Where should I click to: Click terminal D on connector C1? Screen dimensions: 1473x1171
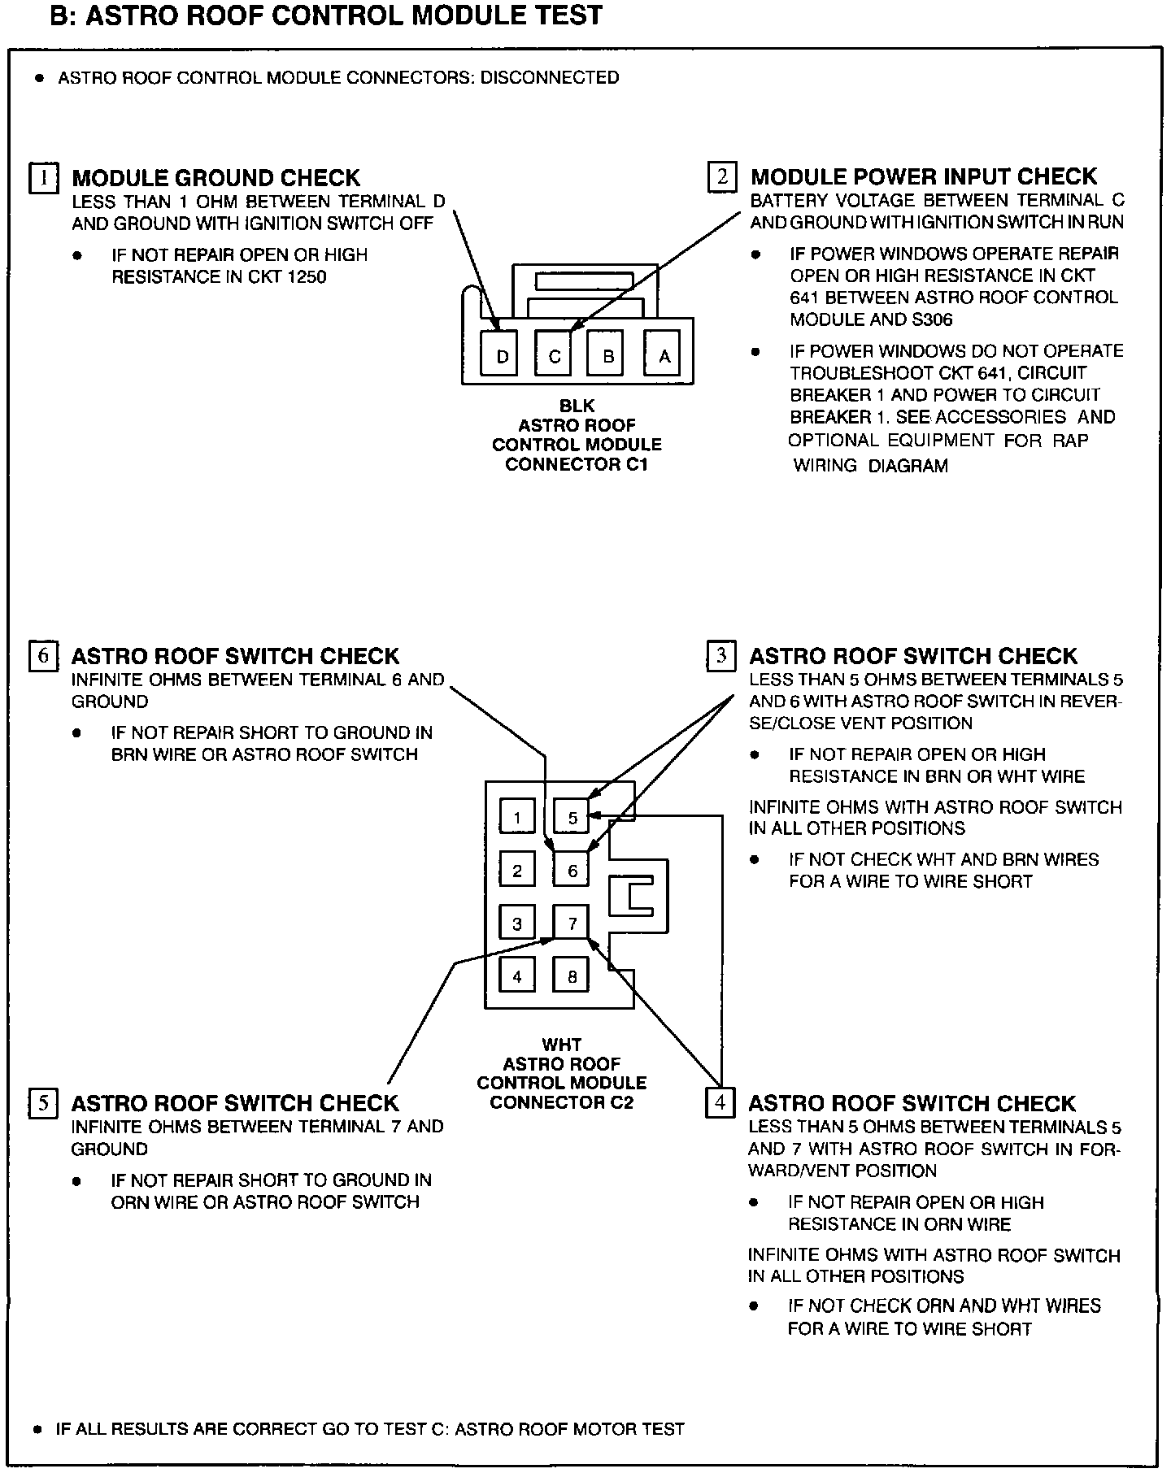click(x=502, y=354)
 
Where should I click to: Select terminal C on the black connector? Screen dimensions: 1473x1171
click(x=554, y=354)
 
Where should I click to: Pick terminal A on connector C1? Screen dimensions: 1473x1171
click(x=664, y=354)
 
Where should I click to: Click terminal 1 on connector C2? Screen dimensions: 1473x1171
click(x=517, y=817)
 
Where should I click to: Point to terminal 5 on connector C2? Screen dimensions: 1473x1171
click(x=572, y=817)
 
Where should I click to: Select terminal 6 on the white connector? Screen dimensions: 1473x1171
click(x=572, y=871)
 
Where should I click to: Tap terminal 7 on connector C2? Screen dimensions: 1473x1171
click(x=572, y=923)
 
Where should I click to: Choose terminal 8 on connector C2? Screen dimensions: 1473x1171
click(x=572, y=976)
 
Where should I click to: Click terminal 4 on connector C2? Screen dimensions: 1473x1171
click(x=517, y=976)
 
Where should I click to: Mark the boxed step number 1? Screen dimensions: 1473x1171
click(x=44, y=177)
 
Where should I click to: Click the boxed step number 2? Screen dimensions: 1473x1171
click(x=721, y=176)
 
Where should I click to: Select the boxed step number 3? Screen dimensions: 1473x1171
click(x=721, y=656)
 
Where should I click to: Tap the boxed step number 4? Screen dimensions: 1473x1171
click(x=720, y=1103)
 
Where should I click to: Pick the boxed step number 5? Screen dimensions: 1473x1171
click(x=43, y=1103)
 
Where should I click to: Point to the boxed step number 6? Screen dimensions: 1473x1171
click(x=43, y=656)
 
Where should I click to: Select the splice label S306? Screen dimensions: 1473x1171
click(x=927, y=319)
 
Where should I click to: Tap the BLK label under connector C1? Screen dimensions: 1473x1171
click(x=577, y=406)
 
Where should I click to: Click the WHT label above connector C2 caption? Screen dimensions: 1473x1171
click(x=561, y=1045)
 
